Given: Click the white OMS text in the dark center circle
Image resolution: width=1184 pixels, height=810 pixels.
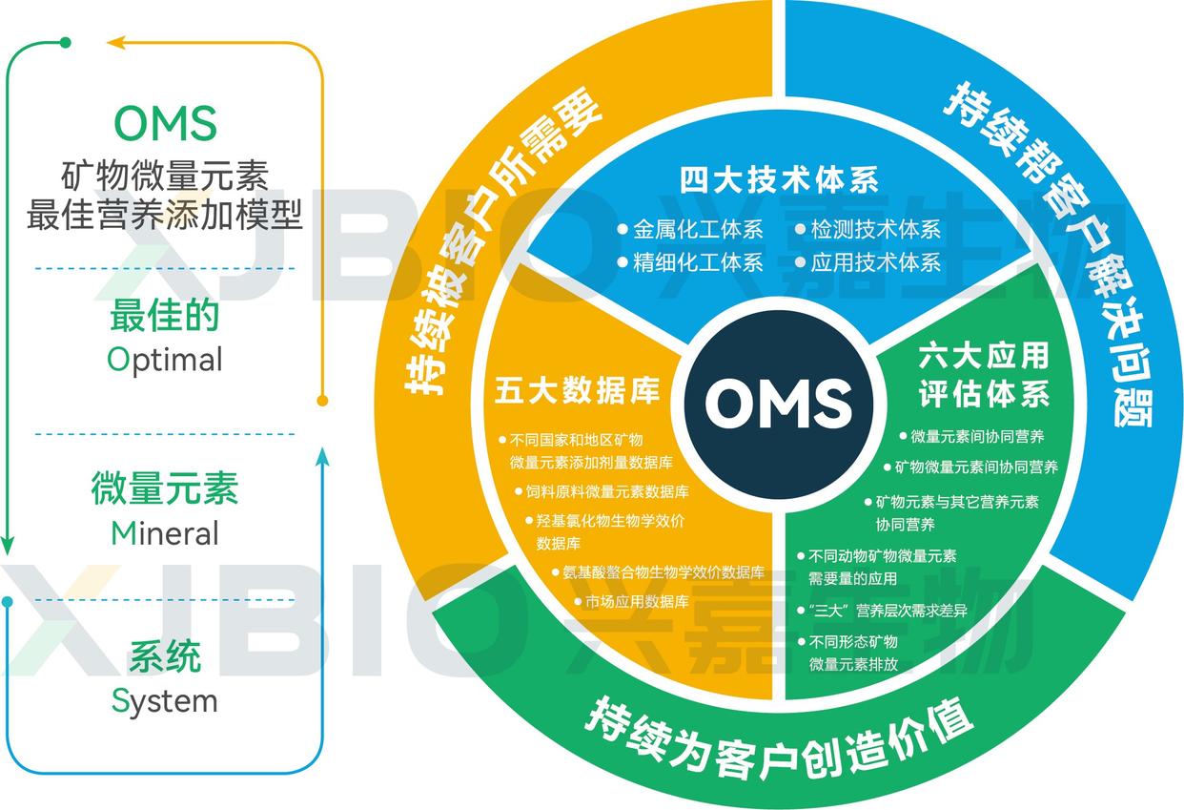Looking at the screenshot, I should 778,402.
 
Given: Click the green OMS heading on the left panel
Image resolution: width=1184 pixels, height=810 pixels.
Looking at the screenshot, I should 165,123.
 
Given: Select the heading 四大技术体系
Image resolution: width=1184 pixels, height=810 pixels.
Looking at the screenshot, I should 779,179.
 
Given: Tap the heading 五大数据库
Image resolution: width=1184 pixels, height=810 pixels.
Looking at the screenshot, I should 578,391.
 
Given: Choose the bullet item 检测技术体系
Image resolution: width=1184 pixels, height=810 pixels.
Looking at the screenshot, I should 875,230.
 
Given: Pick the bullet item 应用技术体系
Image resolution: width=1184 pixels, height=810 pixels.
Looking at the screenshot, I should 875,262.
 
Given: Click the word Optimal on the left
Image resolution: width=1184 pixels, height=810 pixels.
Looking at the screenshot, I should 165,360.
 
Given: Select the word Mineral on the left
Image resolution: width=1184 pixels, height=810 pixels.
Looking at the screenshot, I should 165,532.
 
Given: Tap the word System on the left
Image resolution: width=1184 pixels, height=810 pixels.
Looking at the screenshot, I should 165,701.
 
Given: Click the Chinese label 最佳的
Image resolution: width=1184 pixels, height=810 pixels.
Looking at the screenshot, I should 165,316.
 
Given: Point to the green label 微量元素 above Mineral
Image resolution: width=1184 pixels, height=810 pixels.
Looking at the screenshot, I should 165,488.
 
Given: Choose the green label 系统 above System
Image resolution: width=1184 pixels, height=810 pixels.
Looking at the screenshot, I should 165,657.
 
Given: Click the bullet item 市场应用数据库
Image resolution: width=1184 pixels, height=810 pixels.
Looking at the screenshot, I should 636,602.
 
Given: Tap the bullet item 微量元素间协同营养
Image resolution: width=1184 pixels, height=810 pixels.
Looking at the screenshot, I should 977,436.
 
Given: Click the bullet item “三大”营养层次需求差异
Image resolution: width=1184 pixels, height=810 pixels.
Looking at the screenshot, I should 887,610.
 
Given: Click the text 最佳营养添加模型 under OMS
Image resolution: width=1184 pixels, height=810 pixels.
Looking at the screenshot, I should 165,216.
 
